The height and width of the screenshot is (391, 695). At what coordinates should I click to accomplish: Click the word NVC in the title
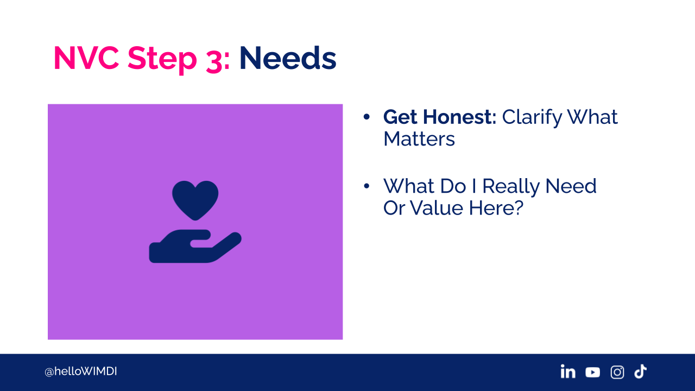coord(86,58)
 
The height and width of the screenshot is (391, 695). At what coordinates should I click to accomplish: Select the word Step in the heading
coord(162,59)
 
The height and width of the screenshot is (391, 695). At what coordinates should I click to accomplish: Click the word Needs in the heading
coord(288,58)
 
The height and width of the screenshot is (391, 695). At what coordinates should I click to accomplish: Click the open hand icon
coord(195,247)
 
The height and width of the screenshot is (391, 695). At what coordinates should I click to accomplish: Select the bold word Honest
coord(459,117)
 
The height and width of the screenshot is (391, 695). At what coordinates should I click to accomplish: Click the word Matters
coord(419,138)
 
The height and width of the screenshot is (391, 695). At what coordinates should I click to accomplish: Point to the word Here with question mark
coord(496,207)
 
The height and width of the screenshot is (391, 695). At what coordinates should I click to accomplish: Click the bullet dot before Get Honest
coord(367,117)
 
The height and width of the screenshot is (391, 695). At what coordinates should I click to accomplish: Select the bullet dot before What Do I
coord(367,186)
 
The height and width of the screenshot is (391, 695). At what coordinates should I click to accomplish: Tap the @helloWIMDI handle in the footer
coord(81,371)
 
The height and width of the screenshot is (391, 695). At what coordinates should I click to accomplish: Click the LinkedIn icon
coord(568,371)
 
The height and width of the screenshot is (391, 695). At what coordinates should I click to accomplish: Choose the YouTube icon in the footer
coord(592,372)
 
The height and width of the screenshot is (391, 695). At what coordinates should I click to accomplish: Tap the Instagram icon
coord(617,372)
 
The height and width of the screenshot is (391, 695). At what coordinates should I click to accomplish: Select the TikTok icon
coord(640,371)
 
